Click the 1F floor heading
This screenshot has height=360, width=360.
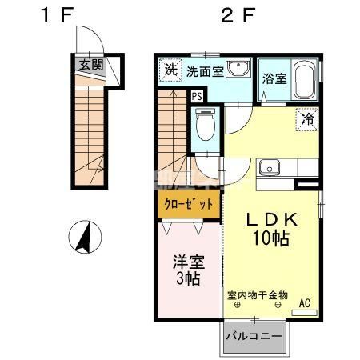57,14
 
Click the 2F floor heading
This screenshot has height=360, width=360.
238,14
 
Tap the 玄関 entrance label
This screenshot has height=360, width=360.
91,64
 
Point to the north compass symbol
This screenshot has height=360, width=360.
85,237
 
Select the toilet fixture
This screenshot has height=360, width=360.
205,124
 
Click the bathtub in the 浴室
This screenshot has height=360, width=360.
305,80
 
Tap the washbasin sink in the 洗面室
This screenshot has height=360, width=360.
238,68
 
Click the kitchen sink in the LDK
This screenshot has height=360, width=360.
270,167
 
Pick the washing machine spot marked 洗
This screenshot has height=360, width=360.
170,70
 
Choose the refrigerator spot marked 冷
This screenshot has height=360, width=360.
307,119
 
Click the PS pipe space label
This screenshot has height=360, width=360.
197,96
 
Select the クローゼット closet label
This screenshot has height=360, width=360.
189,204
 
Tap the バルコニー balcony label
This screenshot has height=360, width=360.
254,337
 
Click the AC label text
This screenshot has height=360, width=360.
305,303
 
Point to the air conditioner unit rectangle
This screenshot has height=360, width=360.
304,313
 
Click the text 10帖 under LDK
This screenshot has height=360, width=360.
271,238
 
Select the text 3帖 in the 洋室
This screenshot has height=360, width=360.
188,278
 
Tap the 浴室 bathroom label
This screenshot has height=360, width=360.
274,78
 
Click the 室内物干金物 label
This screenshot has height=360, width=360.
258,295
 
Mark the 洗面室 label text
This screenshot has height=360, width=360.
205,72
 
